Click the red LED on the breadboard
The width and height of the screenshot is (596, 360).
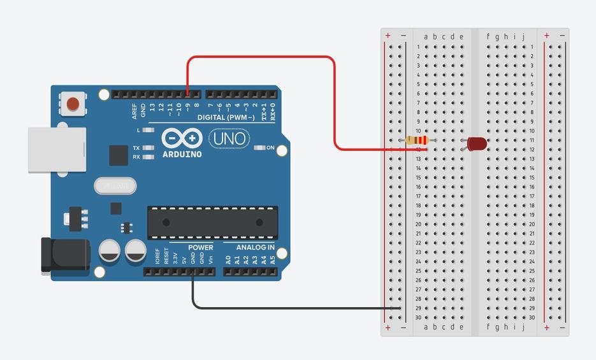pos(476,143)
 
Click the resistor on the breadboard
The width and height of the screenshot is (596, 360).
pos(417,140)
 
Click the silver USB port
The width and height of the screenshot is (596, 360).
pos(56,150)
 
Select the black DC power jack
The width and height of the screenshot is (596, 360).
pos(64,255)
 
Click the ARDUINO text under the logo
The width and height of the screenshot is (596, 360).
pos(182,154)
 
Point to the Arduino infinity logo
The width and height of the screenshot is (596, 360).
pos(182,138)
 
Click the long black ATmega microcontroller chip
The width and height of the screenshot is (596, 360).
pos(212,222)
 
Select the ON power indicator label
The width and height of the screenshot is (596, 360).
pos(270,148)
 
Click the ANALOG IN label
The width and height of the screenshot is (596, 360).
pos(256,247)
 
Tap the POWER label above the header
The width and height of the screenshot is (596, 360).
pos(200,247)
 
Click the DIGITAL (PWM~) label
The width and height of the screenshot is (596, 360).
pos(226,118)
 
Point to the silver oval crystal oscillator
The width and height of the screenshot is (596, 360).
pos(115,185)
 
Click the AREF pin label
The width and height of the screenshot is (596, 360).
pos(134,111)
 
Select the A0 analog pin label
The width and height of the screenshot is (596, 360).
pos(228,259)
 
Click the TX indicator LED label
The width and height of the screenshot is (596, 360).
pos(136,148)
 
